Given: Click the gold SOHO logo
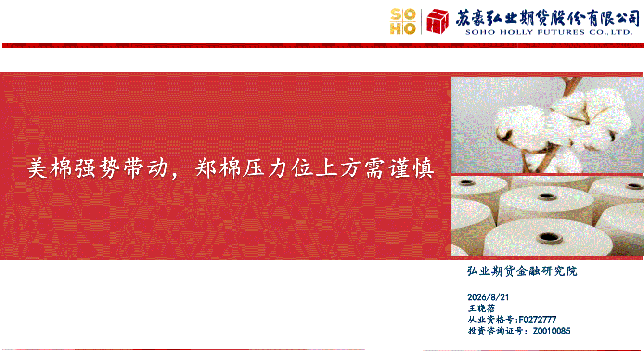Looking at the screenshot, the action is (x=403, y=22).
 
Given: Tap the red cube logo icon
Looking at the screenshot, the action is (x=438, y=21).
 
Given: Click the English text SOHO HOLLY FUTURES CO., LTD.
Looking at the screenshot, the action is (x=549, y=32).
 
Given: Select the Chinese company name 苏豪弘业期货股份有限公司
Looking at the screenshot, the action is (x=547, y=18).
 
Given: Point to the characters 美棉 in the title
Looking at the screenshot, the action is (x=50, y=168).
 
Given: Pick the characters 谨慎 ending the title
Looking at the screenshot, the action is (x=412, y=168).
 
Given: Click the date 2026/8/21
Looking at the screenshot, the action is (x=488, y=297).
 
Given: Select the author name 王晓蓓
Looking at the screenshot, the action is (x=482, y=309).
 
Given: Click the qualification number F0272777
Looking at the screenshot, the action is (x=537, y=320).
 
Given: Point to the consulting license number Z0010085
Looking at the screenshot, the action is (x=552, y=331).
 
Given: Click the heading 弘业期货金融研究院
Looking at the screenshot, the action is (x=522, y=271).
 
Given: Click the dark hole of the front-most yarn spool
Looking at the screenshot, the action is (x=549, y=238).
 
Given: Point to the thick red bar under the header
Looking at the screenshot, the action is (x=323, y=45).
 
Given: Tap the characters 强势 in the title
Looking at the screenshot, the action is (x=97, y=168).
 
